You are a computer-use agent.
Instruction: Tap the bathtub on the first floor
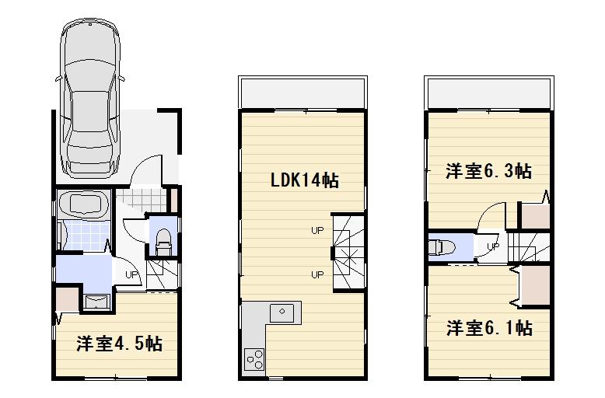point(84,204)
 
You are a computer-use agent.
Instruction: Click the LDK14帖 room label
point(303,180)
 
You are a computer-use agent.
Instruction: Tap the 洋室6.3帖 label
point(488,171)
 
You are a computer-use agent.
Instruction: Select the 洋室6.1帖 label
point(488,328)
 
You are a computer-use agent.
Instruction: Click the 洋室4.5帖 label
point(118,343)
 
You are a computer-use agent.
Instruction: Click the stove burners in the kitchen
point(254,358)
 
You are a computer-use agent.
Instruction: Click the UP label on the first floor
point(130,274)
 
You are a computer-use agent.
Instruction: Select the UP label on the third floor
point(491,247)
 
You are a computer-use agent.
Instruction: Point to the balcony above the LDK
point(302,94)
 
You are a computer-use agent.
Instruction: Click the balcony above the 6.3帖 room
point(488,94)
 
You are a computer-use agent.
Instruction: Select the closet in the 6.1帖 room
point(534,285)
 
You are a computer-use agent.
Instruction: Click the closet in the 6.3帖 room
point(533,215)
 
